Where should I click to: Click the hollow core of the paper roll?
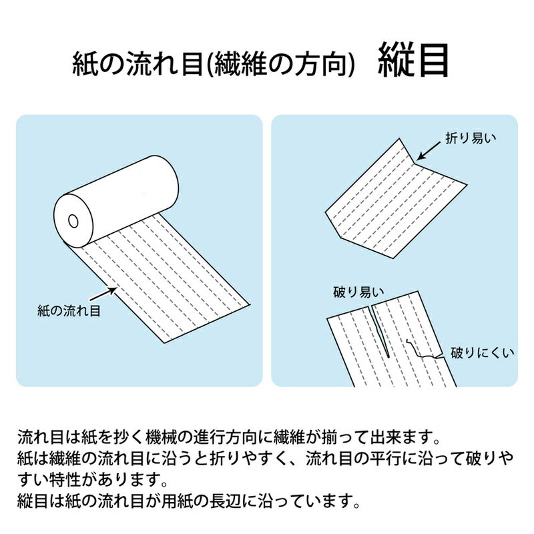click(x=72, y=220)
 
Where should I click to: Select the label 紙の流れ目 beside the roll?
click(x=69, y=311)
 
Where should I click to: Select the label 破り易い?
click(x=358, y=291)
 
